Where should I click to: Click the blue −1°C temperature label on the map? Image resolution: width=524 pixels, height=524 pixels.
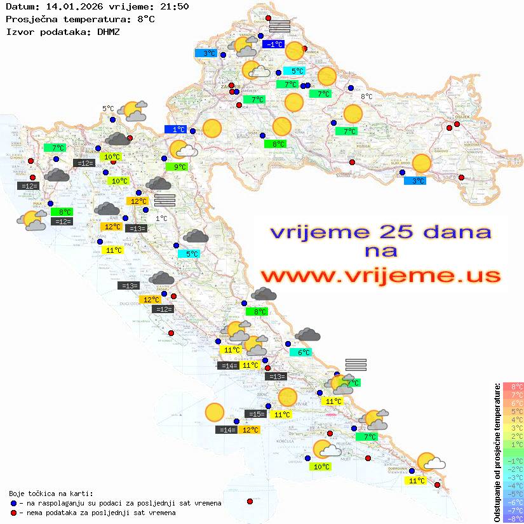click(274, 44)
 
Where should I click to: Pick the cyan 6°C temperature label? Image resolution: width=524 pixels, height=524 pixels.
click(300, 353)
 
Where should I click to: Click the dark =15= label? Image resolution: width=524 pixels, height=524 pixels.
click(255, 414)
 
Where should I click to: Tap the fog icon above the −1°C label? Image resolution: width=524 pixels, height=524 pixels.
click(279, 26)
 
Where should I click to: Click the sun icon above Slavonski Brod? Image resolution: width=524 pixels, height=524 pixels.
click(421, 163)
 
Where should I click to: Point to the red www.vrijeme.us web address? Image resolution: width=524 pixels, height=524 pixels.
click(380, 276)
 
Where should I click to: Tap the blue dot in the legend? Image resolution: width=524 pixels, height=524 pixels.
click(13, 503)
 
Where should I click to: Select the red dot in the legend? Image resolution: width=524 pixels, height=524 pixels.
click(13, 513)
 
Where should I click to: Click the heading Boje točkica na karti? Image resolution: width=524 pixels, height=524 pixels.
click(51, 494)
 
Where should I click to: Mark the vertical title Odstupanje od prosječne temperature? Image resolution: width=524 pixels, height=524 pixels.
click(497, 452)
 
